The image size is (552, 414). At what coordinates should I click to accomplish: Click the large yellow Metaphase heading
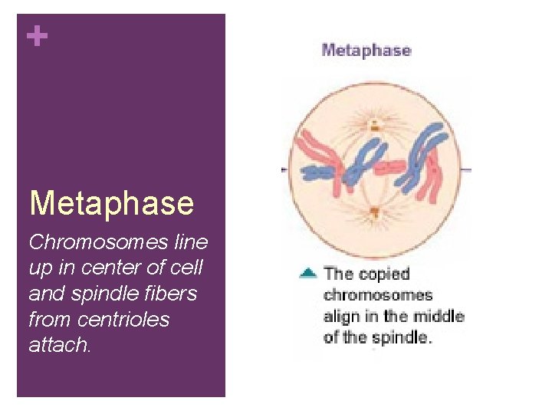pos(111,203)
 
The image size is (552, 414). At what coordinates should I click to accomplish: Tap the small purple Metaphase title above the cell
pos(366,51)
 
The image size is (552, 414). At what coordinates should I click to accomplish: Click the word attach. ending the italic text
pos(60,346)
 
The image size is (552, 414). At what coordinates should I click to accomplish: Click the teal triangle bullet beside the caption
pos(307,272)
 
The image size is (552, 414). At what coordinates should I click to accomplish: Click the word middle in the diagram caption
pos(438,316)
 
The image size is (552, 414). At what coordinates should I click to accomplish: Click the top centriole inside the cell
pos(374,124)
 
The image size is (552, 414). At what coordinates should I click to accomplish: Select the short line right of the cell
pos(466,169)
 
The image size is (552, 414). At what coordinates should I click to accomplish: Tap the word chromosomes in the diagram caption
pos(378,294)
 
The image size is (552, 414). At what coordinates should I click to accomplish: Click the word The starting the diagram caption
pos(338,273)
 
